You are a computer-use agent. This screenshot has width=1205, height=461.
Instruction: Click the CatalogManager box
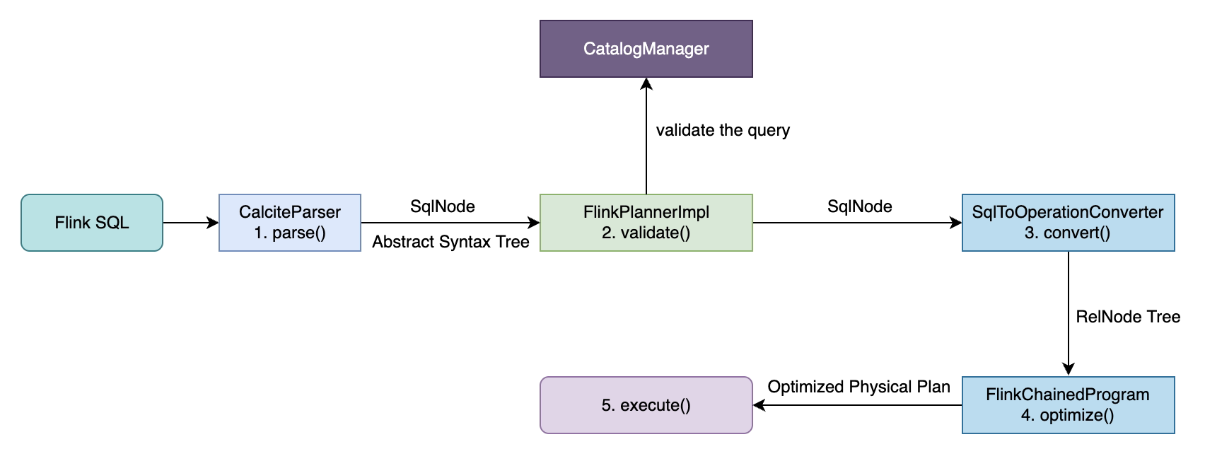[x=646, y=49]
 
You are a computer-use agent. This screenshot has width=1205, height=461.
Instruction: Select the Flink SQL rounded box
[x=92, y=223]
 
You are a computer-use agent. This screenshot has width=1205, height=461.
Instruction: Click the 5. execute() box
[x=646, y=405]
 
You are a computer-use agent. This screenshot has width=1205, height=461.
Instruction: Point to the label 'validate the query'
[x=723, y=130]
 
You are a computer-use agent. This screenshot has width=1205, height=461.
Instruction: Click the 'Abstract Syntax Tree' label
[x=450, y=242]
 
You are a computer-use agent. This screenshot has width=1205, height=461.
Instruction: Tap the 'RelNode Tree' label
[x=1128, y=317]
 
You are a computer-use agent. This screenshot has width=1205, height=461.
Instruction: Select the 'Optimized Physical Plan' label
[x=858, y=387]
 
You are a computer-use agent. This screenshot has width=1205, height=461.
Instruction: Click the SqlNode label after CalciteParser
[x=443, y=206]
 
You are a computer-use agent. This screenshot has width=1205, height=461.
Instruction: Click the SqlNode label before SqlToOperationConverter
[x=859, y=206]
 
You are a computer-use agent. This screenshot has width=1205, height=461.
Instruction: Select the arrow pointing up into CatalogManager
[x=646, y=134]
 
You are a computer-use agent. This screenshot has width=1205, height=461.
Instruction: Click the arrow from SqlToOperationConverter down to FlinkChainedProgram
[x=1068, y=311]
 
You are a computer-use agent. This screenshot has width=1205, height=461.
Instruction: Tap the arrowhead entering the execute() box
[x=759, y=405]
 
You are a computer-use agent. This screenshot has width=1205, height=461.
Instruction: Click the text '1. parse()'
[x=290, y=233]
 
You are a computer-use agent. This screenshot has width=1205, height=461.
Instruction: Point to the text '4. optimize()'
[x=1068, y=415]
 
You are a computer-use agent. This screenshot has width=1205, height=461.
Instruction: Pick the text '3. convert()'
[x=1068, y=233]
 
